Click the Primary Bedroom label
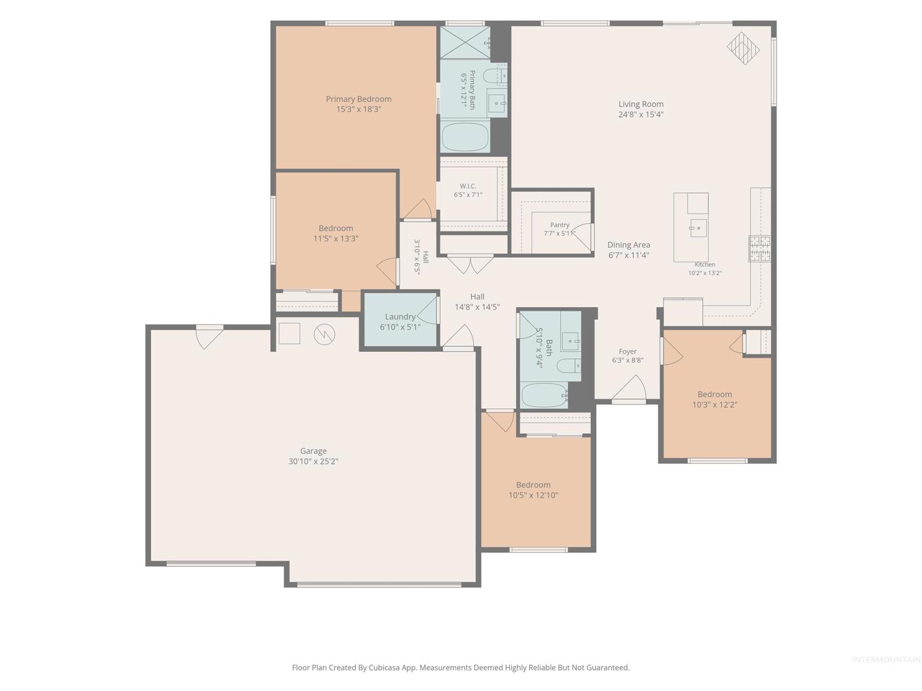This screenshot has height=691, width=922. pos(359,99)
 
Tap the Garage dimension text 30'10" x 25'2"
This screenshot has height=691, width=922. pos(313,461)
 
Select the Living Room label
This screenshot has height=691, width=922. pos(640,104)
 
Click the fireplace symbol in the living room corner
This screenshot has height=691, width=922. pos(743,48)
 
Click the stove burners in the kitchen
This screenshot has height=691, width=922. pos(759,248)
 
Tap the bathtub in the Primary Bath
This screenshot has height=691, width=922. pos(465,136)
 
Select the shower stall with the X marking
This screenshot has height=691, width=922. pos(465,42)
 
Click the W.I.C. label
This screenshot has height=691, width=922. pos(467,186)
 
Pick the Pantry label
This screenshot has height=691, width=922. pos(560,225)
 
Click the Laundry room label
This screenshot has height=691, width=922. pos(400,317)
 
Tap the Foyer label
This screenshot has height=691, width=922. pos(627,352)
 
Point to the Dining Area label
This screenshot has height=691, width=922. pos(628,244)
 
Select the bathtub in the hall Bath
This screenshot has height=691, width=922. pos(544,395)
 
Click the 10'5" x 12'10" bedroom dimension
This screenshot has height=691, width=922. pos(533,495)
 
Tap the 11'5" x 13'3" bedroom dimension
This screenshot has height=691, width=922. pos(336,239)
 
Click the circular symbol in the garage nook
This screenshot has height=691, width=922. pos(324,335)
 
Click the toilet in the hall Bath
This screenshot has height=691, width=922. pos(569,366)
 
